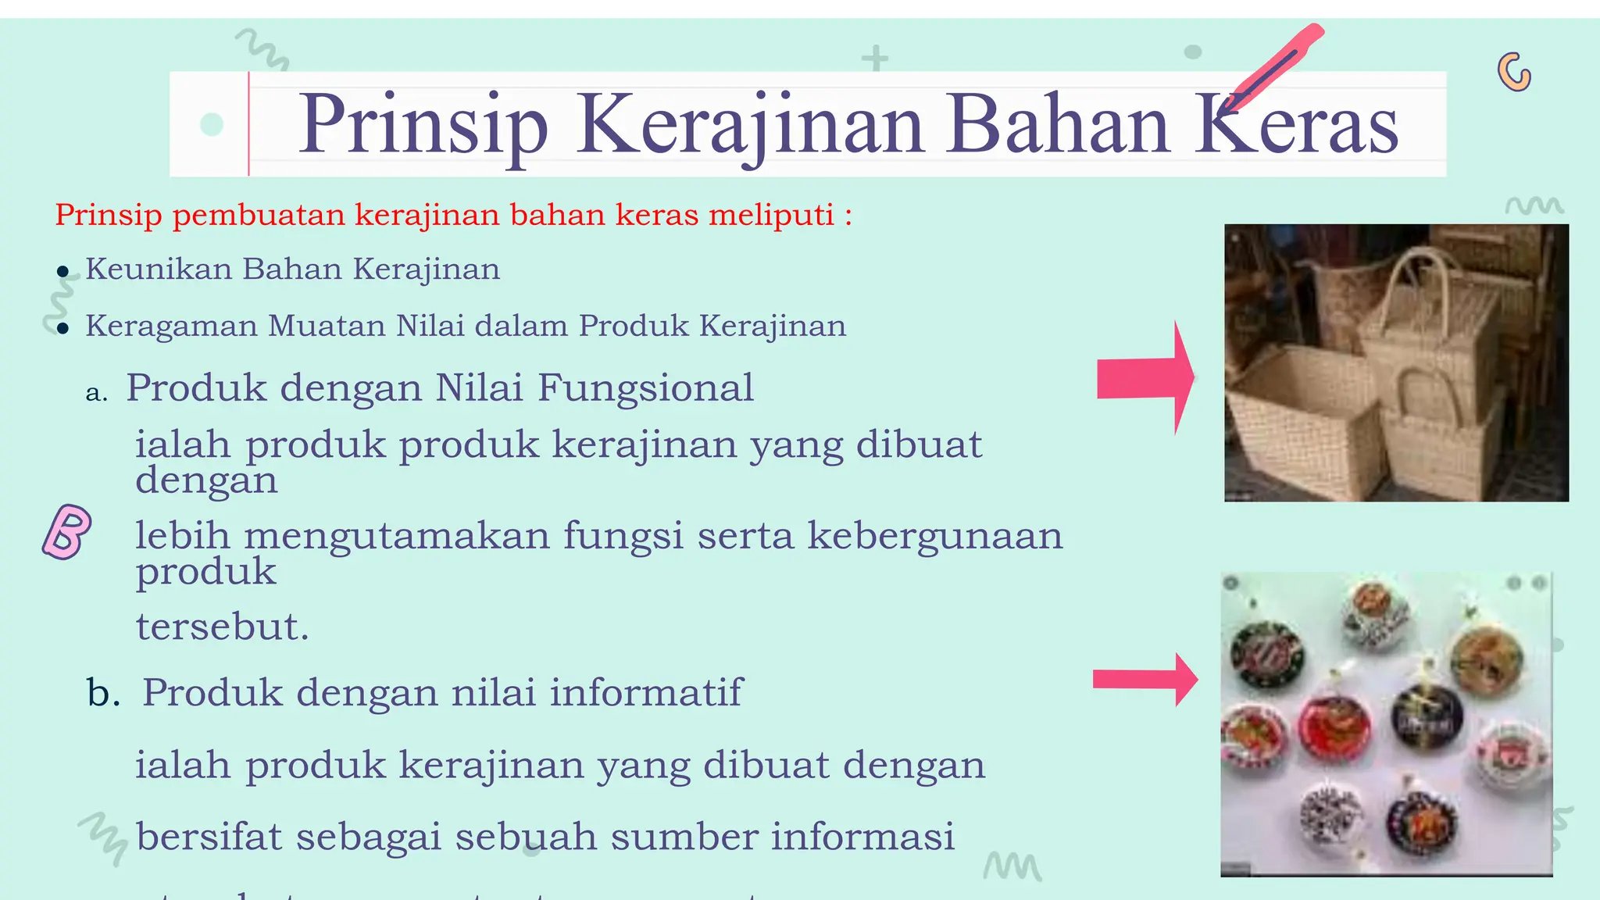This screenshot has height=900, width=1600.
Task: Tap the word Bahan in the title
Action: [1059, 125]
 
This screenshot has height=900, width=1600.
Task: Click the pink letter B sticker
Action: [67, 532]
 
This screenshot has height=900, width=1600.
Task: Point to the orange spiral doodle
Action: [1514, 73]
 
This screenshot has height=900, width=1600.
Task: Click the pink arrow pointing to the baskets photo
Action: [1145, 378]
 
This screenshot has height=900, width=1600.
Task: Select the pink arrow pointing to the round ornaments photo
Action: [1145, 680]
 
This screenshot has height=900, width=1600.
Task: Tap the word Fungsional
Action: [645, 388]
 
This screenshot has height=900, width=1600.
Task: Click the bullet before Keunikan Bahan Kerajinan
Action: [63, 272]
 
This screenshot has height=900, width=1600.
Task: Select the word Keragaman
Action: [171, 327]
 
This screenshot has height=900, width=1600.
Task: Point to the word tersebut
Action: [222, 627]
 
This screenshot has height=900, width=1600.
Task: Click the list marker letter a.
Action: [96, 393]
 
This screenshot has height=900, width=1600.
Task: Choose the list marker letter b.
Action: [102, 692]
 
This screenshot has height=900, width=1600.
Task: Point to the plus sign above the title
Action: [875, 58]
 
